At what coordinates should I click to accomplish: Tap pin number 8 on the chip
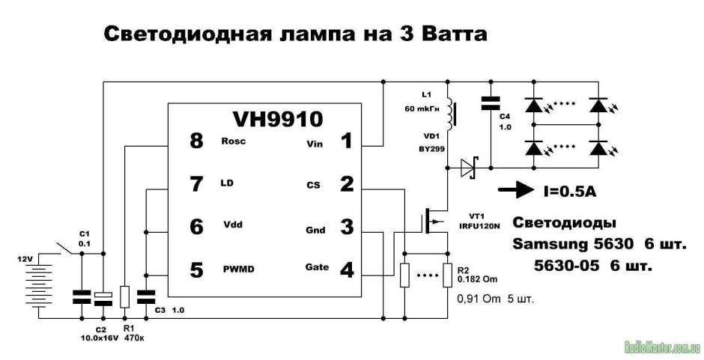196,140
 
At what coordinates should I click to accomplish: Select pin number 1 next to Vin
347,140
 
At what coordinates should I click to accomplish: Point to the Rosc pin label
234,141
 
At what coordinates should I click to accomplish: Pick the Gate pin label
316,266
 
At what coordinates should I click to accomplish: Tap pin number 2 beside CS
347,183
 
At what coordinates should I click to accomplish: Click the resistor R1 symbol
125,296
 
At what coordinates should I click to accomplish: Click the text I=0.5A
570,192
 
